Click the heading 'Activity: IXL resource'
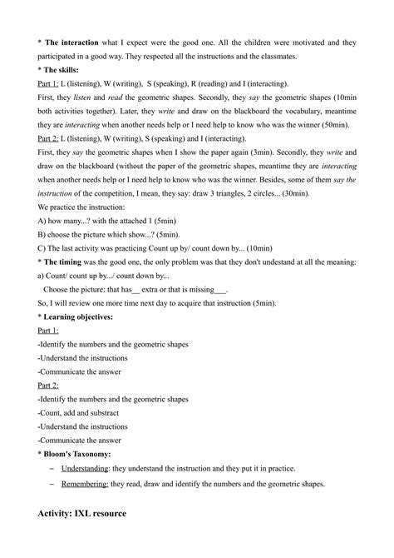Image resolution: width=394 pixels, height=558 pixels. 82,513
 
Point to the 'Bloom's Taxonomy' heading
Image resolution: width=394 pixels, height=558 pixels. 78,454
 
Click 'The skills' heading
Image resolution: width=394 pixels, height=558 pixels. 65,71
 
